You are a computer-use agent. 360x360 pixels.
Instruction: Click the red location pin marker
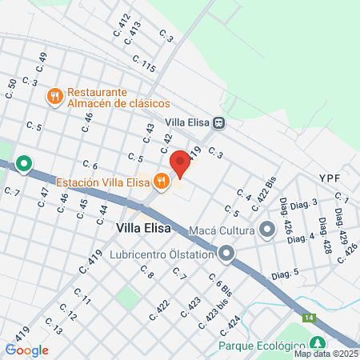(x=180, y=163)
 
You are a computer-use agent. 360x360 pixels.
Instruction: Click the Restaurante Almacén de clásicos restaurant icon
(x=55, y=98)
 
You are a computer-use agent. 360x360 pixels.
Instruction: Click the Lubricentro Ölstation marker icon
(x=226, y=255)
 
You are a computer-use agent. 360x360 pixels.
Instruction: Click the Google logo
(x=27, y=350)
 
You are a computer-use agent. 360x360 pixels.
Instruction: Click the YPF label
(x=330, y=177)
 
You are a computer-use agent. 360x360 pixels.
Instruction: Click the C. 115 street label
(x=143, y=63)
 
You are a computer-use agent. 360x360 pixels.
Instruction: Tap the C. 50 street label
(x=11, y=78)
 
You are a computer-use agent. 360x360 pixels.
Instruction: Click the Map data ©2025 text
(x=325, y=354)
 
